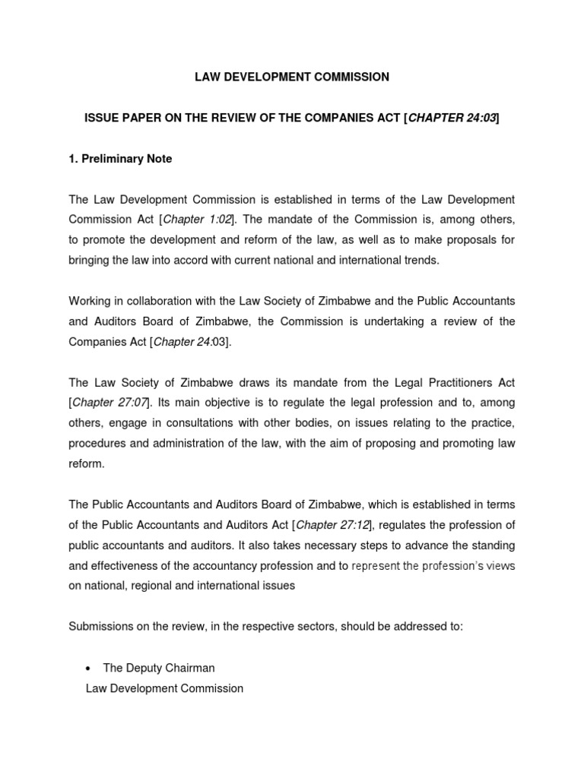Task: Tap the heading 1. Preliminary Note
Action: (x=120, y=159)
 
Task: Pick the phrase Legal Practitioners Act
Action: (x=445, y=382)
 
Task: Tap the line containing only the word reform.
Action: (x=85, y=463)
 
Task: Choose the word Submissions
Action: (x=100, y=627)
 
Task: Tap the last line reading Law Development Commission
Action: (x=164, y=688)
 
